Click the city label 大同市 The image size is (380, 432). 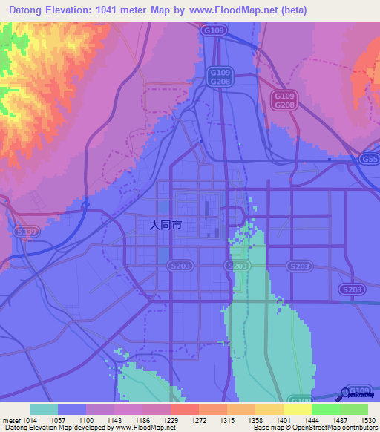tap(166, 223)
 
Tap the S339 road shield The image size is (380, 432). tap(24, 232)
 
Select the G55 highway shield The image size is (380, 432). tap(369, 159)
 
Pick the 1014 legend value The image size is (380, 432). tap(28, 420)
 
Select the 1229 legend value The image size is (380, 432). tap(171, 420)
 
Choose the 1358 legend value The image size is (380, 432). tap(255, 420)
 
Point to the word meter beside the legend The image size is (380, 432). tap(11, 420)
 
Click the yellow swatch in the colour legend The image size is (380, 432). tap(297, 409)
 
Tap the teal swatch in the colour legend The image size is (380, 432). tap(44, 409)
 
